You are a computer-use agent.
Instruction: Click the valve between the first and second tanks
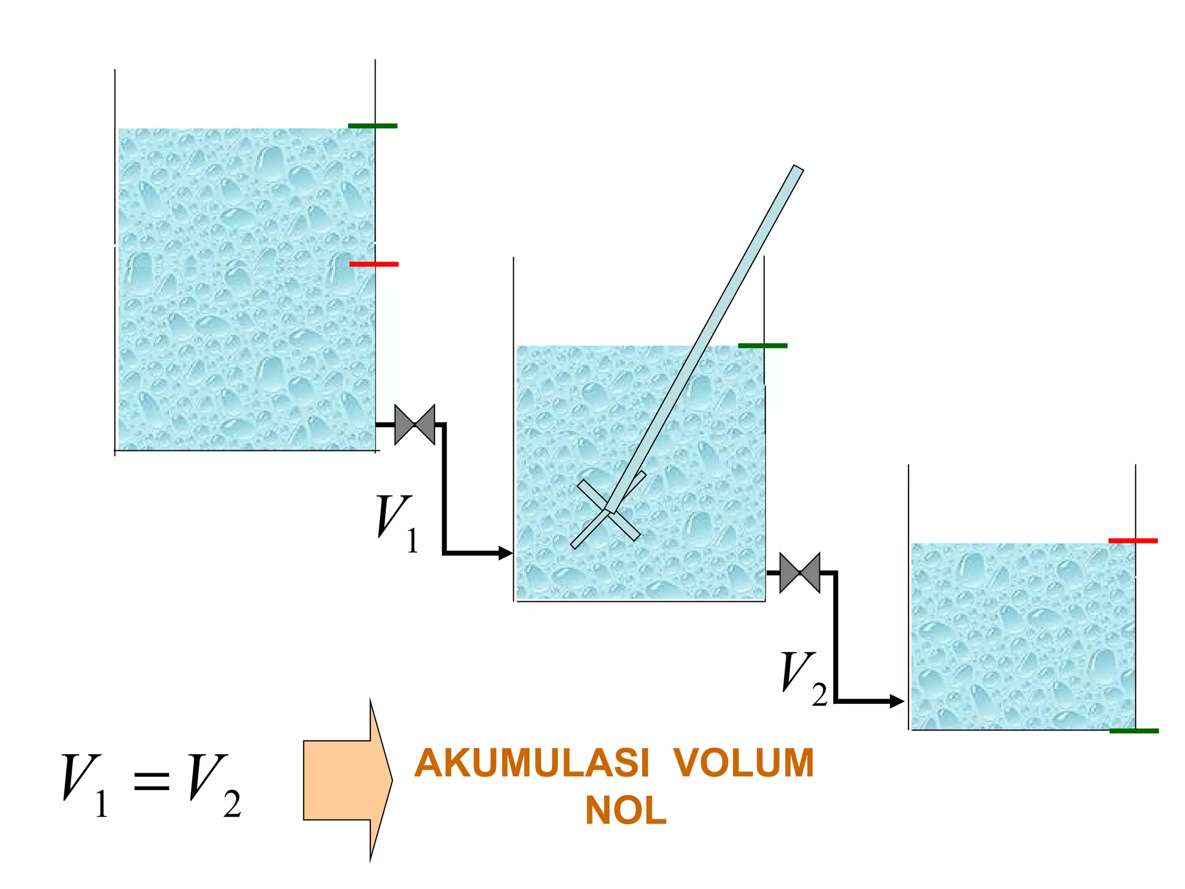tap(414, 425)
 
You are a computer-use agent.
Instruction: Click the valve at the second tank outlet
tap(800, 573)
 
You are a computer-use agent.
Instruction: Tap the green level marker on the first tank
tap(373, 126)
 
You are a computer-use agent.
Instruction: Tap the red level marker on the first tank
tap(374, 264)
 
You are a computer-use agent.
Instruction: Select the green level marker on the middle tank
tap(763, 346)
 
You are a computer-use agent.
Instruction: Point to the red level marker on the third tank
tap(1133, 541)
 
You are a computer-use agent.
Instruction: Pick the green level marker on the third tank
tap(1134, 731)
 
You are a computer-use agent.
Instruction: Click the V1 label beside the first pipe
tap(397, 523)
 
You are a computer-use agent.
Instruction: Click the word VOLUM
tap(744, 763)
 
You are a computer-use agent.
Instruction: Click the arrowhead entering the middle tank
tap(506, 553)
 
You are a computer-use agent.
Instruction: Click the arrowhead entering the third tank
tap(896, 701)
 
